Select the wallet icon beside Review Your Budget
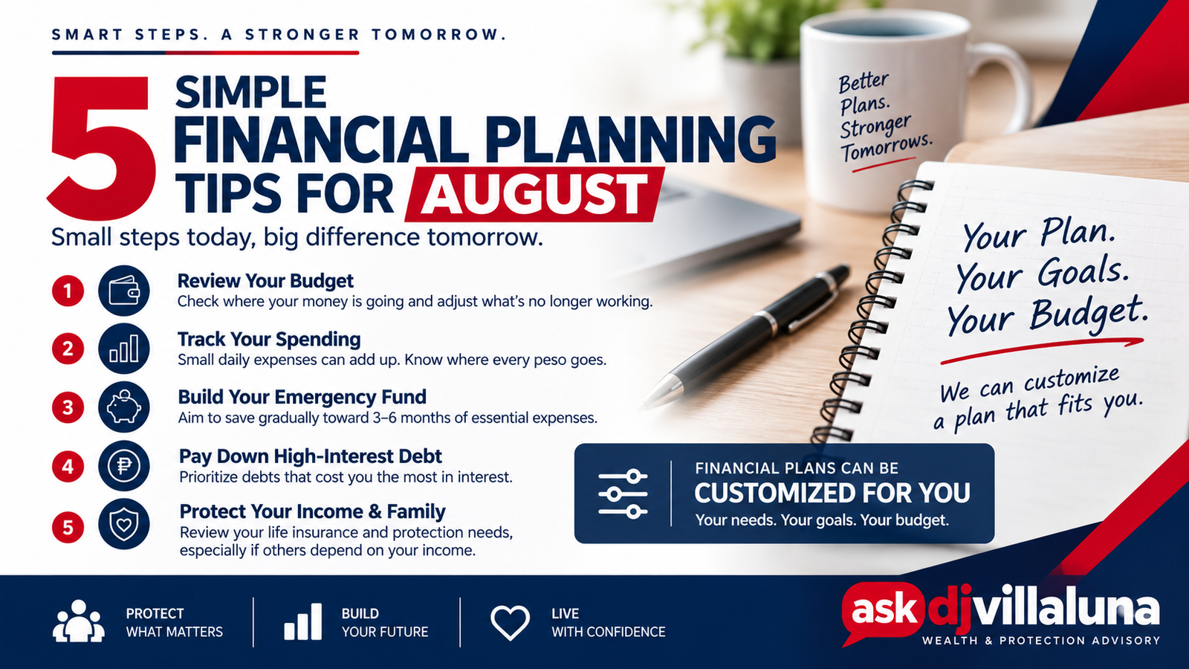point(123,291)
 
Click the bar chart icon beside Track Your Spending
point(123,349)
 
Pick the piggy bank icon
point(123,407)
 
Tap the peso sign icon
point(123,465)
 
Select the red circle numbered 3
point(68,408)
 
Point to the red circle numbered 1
point(68,291)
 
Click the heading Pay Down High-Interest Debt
point(311,456)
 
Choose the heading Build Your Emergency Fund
point(302,397)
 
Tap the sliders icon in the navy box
point(623,494)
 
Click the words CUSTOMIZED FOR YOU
point(832,494)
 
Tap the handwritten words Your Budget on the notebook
point(1045,317)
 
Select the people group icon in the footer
point(79,621)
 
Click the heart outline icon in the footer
point(510,622)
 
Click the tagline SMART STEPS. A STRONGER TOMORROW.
point(279,34)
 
